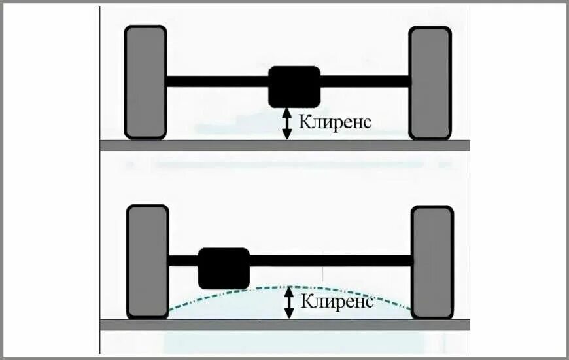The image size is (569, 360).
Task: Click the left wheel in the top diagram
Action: click(145, 82)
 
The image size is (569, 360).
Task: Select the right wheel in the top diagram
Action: click(430, 82)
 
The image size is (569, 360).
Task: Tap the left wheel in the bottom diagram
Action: click(147, 262)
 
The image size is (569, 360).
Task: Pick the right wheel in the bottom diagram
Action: click(431, 262)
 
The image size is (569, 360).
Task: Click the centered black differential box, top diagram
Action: click(294, 86)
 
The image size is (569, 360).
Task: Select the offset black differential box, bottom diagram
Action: click(224, 267)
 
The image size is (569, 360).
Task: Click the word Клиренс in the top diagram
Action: click(335, 122)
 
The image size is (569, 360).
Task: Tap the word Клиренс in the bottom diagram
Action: click(337, 302)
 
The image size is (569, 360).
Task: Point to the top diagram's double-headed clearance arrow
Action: click(286, 124)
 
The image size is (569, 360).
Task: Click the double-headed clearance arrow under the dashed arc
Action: click(288, 304)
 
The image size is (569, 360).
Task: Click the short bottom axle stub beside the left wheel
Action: click(182, 261)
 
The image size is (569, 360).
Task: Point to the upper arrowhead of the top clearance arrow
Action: click(286, 113)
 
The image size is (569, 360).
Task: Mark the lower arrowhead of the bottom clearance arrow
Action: click(288, 315)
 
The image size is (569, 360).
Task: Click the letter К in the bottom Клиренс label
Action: click(305, 302)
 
